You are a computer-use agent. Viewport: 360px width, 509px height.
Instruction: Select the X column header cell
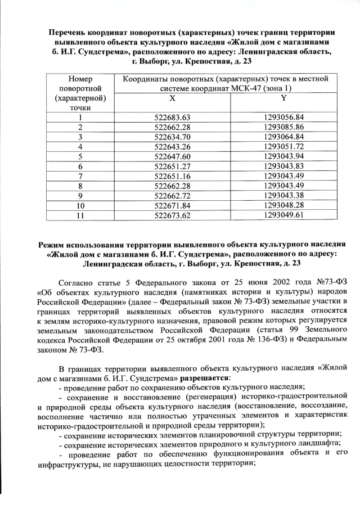pyautogui.click(x=173, y=98)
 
